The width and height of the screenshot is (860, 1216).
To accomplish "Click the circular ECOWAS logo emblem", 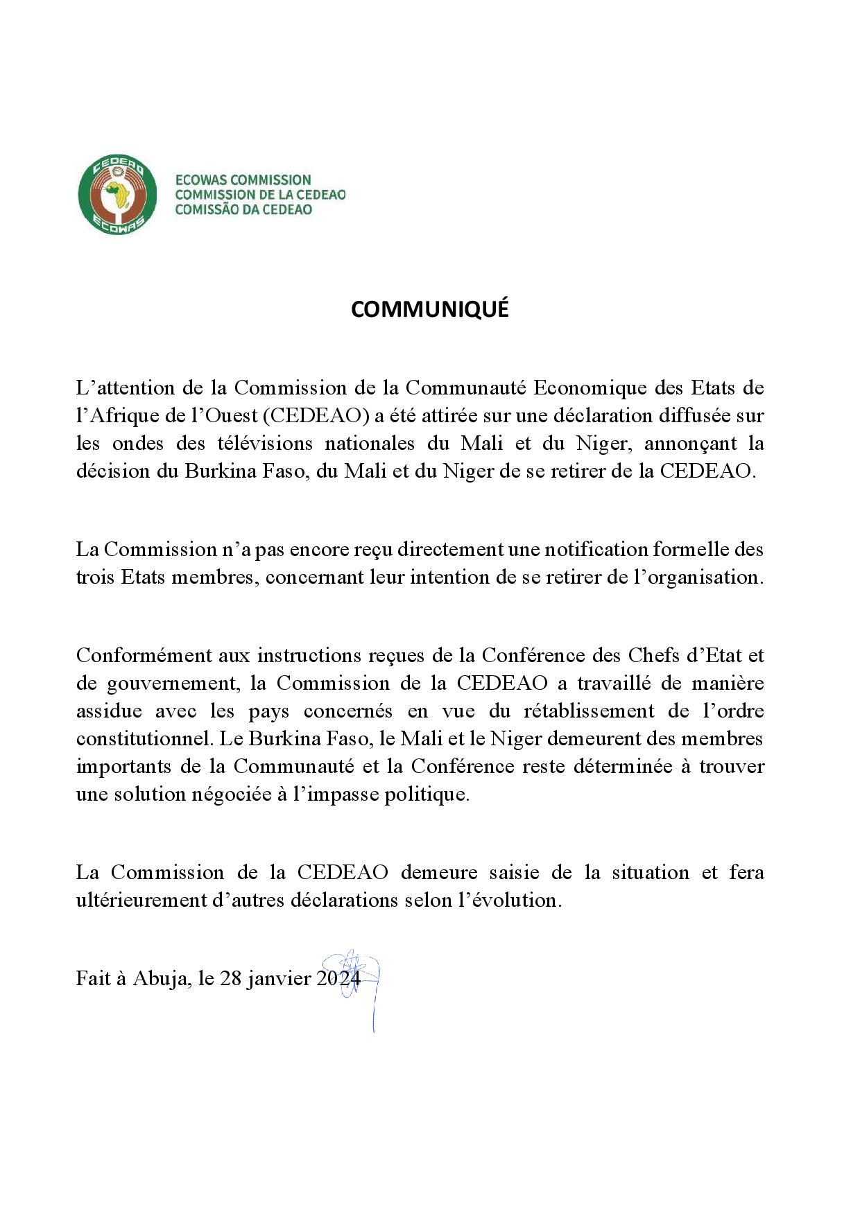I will [117, 195].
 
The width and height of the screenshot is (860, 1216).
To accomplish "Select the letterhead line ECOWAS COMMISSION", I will [243, 180].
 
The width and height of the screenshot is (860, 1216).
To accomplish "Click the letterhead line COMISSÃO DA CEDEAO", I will [243, 209].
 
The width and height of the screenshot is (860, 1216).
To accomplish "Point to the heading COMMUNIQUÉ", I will [429, 309].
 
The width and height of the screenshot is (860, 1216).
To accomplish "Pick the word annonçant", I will [690, 443].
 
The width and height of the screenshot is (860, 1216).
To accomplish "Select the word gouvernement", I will [173, 684].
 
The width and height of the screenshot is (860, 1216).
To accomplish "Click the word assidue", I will [109, 711].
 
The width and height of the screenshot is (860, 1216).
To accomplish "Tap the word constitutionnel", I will [142, 738].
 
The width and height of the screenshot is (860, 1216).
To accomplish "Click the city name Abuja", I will [160, 978].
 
